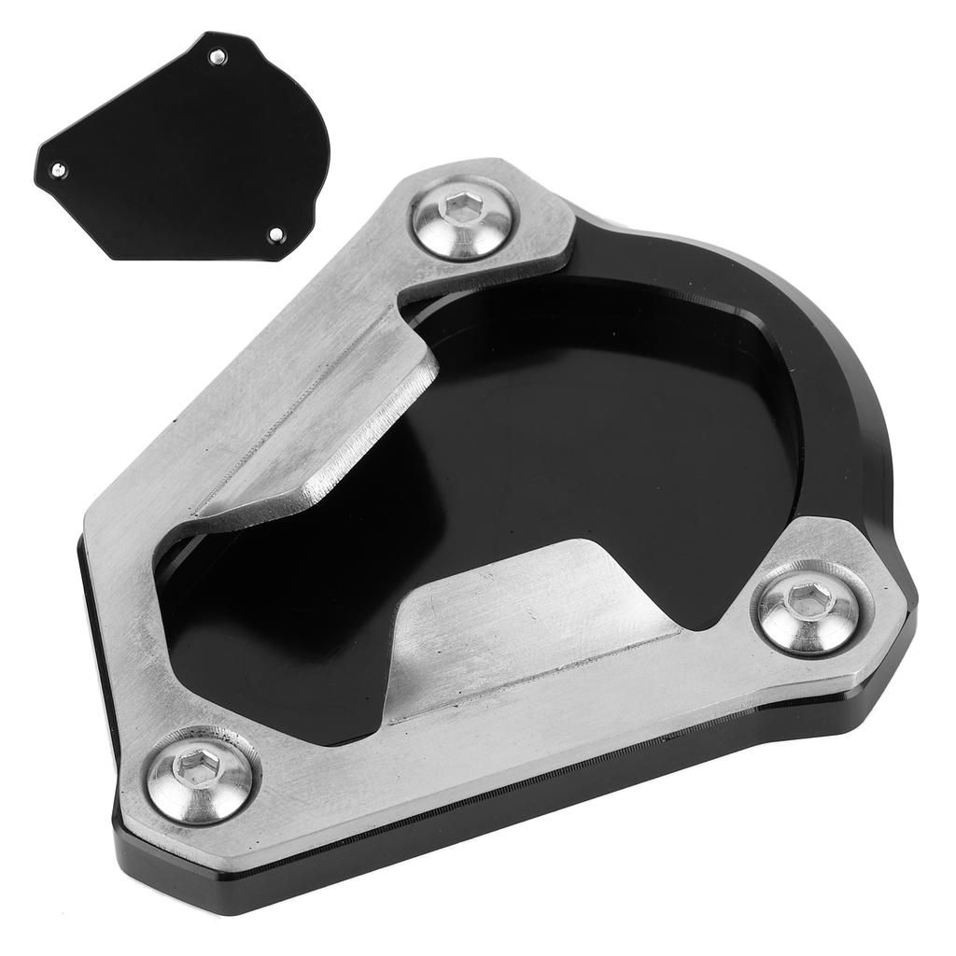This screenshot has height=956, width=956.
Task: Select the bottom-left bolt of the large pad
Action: click(201, 774)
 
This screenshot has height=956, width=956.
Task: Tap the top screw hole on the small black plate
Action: click(218, 58)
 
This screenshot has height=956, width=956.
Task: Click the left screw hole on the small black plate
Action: click(58, 170)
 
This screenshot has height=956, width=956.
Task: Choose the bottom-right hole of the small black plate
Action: click(275, 234)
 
